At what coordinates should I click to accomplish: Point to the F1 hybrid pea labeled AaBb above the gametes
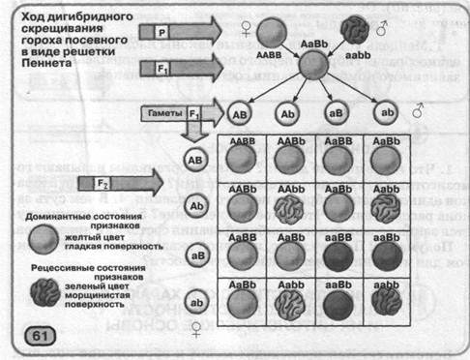point(314,66)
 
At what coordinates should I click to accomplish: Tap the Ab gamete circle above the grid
point(288,112)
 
